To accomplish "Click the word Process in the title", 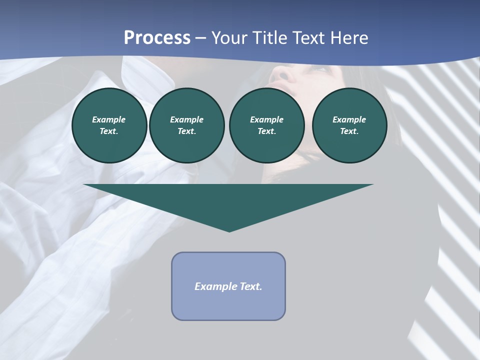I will click(x=157, y=38).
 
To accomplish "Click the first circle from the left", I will click(x=109, y=125).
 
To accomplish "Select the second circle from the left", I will click(x=186, y=125).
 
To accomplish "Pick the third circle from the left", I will click(x=266, y=125).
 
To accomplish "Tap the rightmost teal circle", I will click(x=349, y=125).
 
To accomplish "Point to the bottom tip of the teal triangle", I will click(x=229, y=231).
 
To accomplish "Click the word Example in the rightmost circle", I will click(x=349, y=119).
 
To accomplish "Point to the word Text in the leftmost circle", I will click(x=108, y=131).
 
